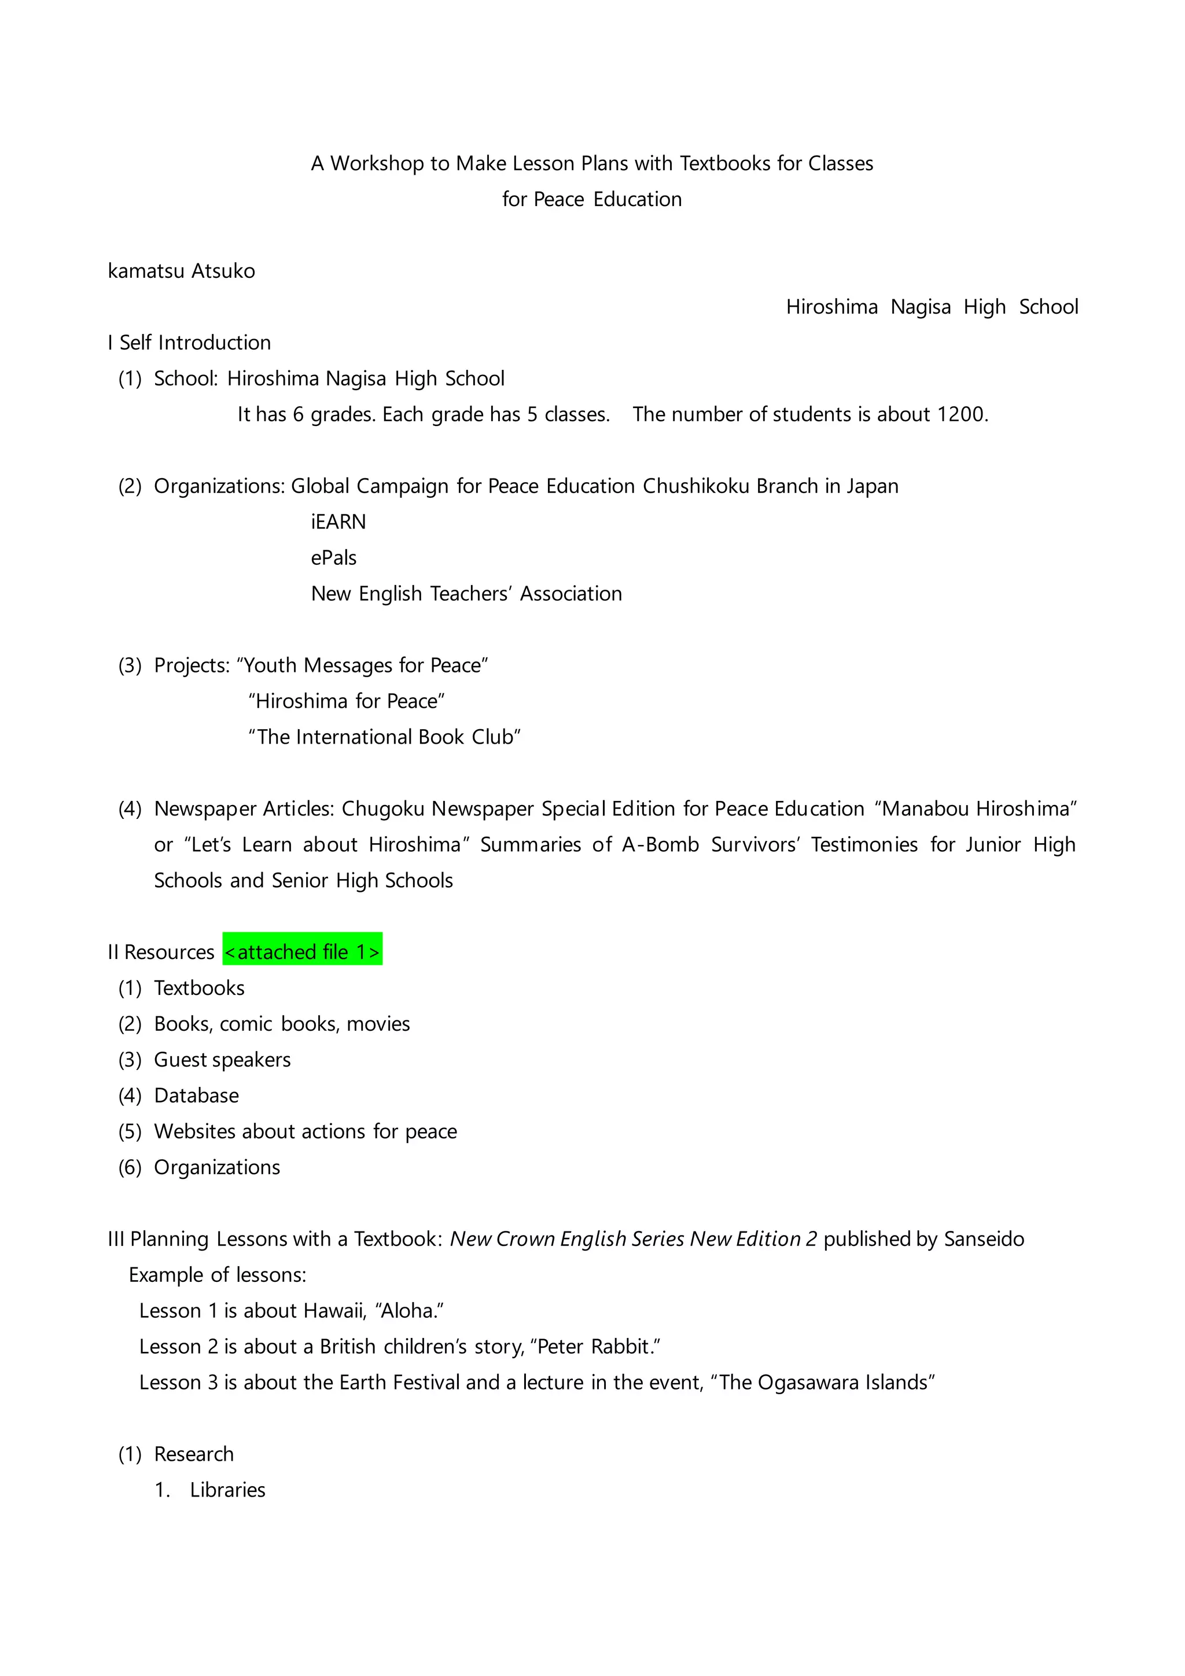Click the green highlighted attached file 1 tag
pyautogui.click(x=302, y=951)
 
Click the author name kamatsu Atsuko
pyautogui.click(x=181, y=271)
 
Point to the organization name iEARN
pyautogui.click(x=338, y=522)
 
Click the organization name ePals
pyautogui.click(x=333, y=558)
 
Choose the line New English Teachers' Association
pyautogui.click(x=466, y=593)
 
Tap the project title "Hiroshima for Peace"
pyautogui.click(x=346, y=701)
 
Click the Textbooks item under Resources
pyautogui.click(x=199, y=988)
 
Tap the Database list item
pyautogui.click(x=196, y=1095)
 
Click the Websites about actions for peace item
pyautogui.click(x=305, y=1131)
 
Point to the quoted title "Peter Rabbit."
pyautogui.click(x=595, y=1346)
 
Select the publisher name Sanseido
pyautogui.click(x=984, y=1238)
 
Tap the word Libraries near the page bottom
pyautogui.click(x=227, y=1489)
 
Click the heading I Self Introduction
pyautogui.click(x=189, y=343)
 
